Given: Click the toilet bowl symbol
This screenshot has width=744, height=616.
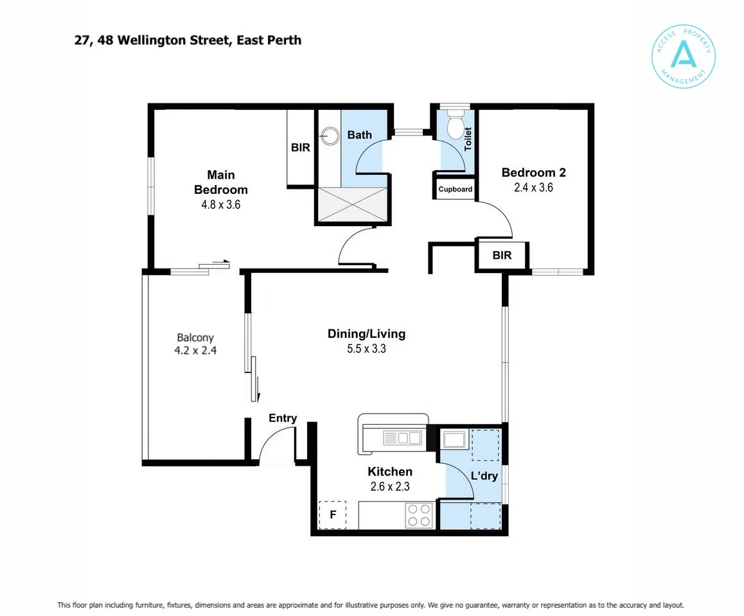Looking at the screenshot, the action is [x=456, y=124].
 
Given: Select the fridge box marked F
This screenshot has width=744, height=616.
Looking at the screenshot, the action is [x=333, y=515].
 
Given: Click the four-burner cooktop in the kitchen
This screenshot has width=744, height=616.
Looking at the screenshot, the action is [x=419, y=515].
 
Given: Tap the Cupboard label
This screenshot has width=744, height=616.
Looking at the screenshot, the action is [x=456, y=189].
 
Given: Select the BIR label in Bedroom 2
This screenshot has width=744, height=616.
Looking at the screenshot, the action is [x=502, y=256].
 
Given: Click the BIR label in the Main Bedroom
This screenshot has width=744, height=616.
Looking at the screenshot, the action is [x=300, y=148].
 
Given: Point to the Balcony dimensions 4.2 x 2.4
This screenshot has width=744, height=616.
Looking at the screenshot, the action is [x=195, y=351].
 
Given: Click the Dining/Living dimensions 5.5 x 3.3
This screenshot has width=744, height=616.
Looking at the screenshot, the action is [x=366, y=349].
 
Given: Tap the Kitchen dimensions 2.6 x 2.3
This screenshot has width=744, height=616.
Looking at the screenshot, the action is [x=390, y=486].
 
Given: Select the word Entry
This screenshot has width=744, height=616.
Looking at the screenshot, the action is [x=283, y=418].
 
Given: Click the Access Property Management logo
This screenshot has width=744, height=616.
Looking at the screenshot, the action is [x=683, y=57].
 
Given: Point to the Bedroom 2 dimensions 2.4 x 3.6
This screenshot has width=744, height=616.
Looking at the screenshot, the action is [x=534, y=188].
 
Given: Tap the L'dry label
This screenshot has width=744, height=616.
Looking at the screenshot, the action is [x=484, y=475].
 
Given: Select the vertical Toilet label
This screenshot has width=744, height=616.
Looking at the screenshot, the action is [x=468, y=139].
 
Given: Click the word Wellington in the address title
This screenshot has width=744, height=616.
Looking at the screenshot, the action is [x=151, y=40].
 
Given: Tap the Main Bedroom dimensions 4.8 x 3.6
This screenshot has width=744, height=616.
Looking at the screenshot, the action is [x=221, y=205].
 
